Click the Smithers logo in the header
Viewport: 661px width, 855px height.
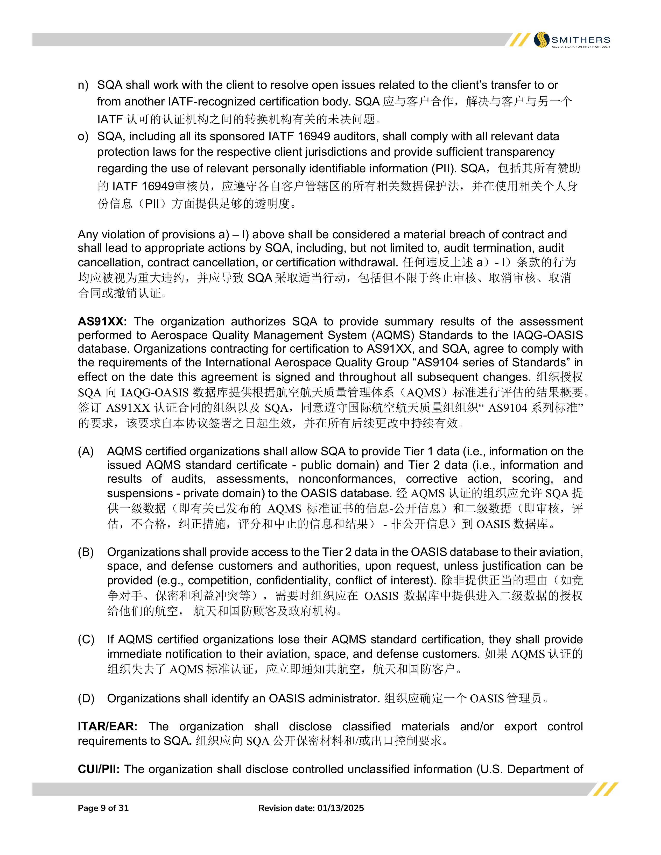(x=572, y=40)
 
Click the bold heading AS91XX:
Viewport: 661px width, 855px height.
(x=102, y=322)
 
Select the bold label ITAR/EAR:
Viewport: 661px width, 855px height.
(x=107, y=726)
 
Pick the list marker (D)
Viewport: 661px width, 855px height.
(x=86, y=699)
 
